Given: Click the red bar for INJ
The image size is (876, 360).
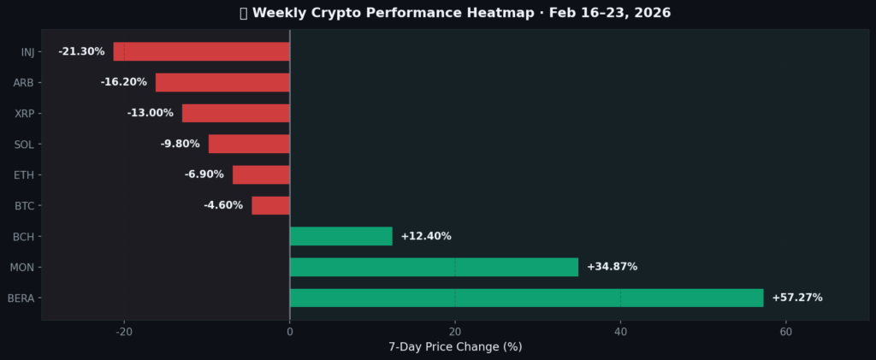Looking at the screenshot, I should click(x=201, y=51).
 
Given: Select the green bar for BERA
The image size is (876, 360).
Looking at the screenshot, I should click(x=526, y=298).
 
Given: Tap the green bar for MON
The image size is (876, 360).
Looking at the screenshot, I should click(x=434, y=267).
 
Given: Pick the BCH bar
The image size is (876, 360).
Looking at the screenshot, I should click(x=340, y=236).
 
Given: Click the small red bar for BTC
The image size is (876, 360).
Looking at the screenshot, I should click(x=270, y=205).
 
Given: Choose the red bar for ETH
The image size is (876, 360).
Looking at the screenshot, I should click(x=261, y=174).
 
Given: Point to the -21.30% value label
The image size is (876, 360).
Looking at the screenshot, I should click(x=81, y=51).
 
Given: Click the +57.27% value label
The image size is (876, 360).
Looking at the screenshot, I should click(x=796, y=298).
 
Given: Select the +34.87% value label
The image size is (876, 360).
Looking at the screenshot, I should click(x=612, y=267).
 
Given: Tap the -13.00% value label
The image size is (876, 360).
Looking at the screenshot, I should click(x=150, y=113).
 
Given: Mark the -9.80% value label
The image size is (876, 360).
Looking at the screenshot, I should click(x=180, y=144).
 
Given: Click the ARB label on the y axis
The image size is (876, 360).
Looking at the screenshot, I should click(x=23, y=83).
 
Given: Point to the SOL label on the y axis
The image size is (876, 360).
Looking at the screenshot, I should click(x=24, y=145).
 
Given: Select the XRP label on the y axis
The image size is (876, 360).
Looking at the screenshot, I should click(x=24, y=114).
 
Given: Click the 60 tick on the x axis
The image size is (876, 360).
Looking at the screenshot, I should click(x=785, y=332).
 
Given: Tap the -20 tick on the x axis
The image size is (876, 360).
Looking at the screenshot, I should click(x=124, y=332).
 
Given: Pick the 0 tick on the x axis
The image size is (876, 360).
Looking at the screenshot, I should click(x=290, y=332).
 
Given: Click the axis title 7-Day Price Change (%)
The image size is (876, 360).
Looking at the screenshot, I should click(x=455, y=346).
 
